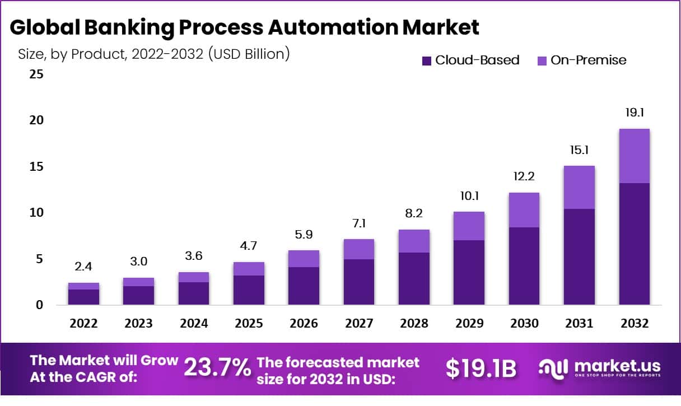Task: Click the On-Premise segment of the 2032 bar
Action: [x=634, y=156]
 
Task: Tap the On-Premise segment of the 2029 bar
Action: [x=469, y=226]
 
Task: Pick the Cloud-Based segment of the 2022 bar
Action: [x=84, y=297]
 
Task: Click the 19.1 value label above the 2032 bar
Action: [x=634, y=113]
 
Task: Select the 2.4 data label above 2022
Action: [x=84, y=267]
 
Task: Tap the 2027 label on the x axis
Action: [x=358, y=324]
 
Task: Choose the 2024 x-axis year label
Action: [x=194, y=324]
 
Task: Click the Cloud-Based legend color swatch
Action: [x=426, y=60]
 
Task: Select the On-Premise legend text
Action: [x=588, y=60]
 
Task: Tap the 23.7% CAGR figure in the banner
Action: [x=217, y=368]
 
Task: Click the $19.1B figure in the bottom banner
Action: [x=481, y=368]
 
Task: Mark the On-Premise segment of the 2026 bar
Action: [x=304, y=259]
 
